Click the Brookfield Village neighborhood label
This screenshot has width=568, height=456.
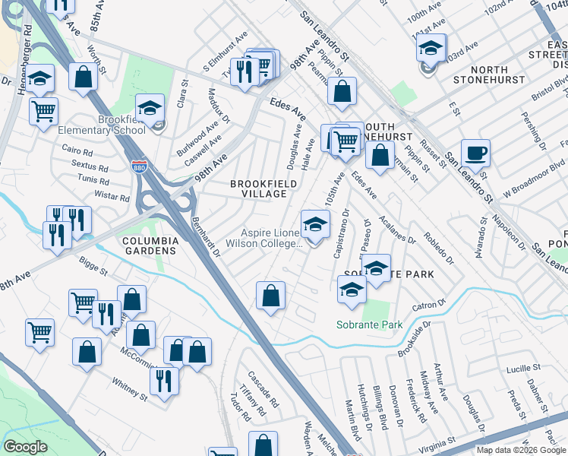259,188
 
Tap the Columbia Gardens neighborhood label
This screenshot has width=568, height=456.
150,245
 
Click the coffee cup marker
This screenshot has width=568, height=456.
475,153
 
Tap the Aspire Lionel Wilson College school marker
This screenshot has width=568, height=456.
315,224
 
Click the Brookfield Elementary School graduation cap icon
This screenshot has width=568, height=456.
150,109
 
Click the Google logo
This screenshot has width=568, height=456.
27,447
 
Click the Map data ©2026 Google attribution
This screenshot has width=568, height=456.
521,450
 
